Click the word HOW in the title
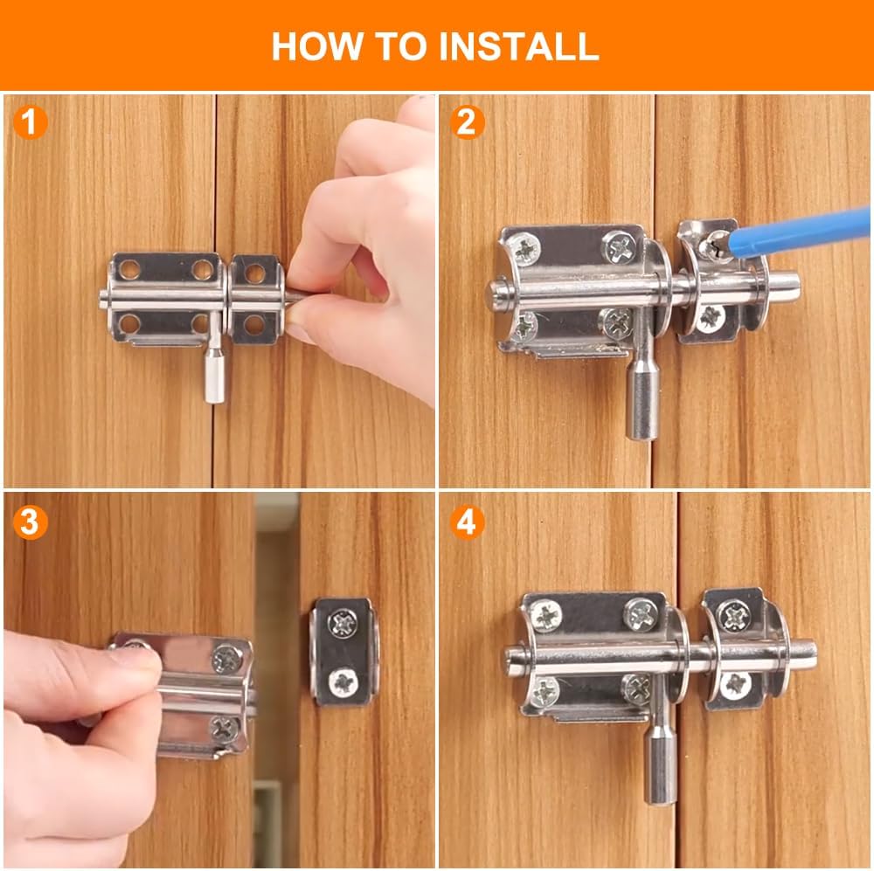311,45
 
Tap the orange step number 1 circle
31,123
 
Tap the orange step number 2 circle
468,123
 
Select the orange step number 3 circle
31,522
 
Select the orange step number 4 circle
468,522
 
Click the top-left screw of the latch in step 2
527,251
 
